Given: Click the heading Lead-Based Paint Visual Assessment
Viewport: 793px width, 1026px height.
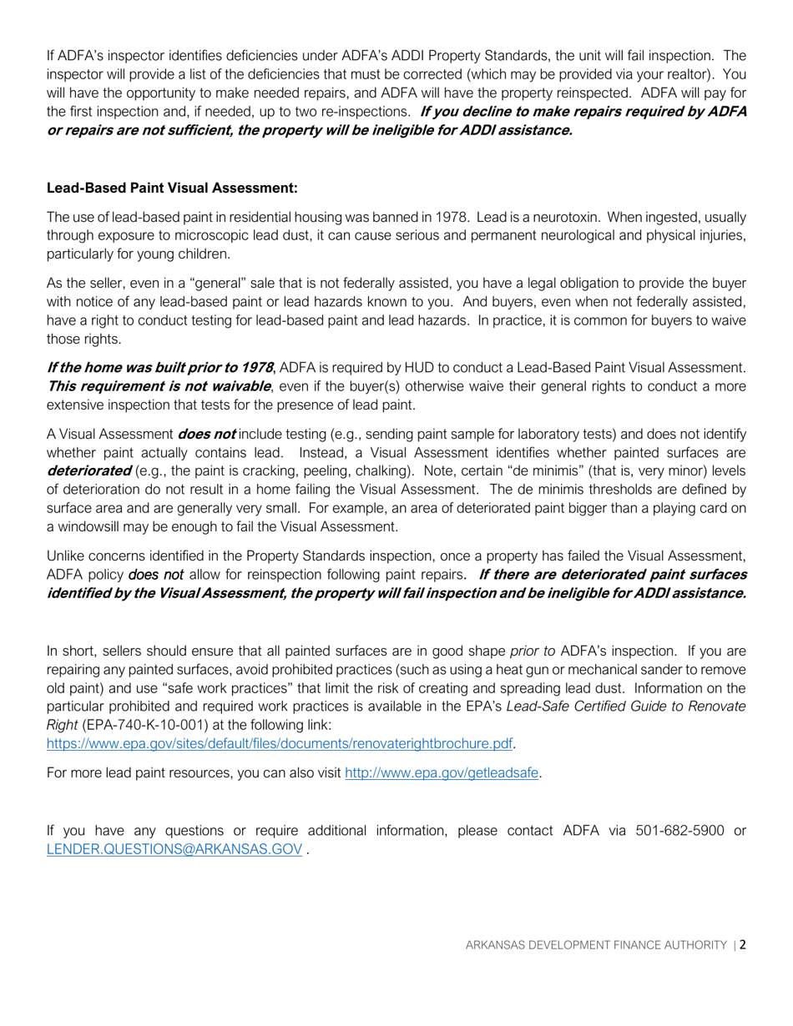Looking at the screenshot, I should [172, 188].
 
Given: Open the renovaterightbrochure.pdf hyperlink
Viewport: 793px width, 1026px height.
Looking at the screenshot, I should [280, 742].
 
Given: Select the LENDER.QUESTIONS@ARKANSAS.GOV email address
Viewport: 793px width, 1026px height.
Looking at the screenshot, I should [174, 849].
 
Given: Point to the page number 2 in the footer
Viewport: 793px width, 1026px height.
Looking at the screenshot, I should [743, 945].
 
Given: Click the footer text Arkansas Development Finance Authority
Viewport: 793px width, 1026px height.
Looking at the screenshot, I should [595, 945].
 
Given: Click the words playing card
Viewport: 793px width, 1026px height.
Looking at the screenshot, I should [689, 508].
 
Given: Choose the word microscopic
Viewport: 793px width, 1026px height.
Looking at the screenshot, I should [225, 236].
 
